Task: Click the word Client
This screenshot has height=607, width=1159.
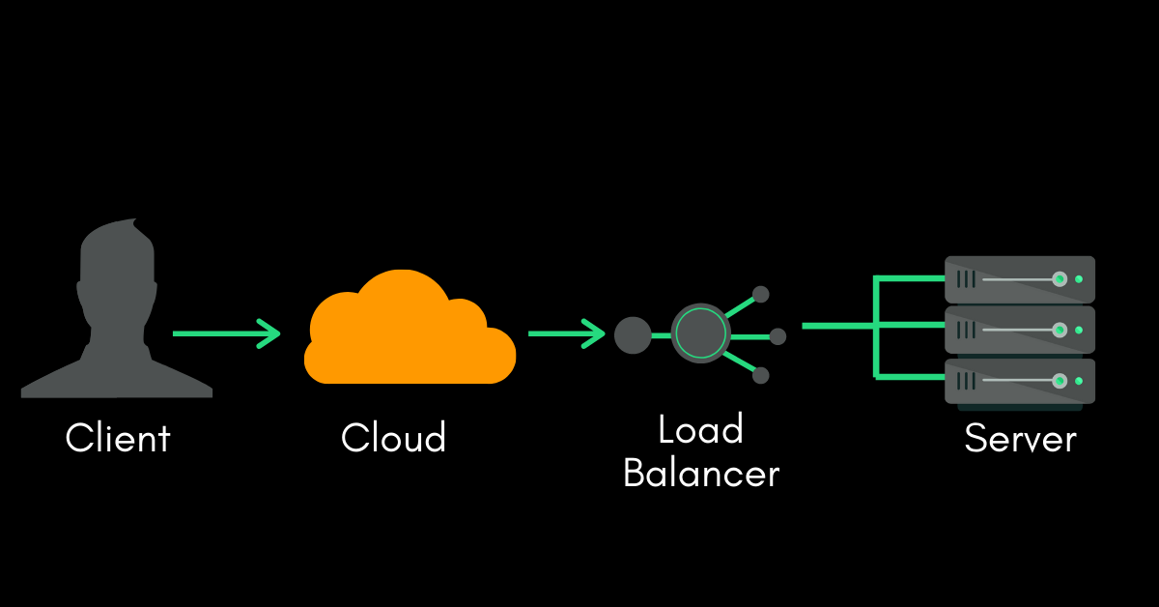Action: point(118,438)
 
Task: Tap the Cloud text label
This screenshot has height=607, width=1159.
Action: point(393,438)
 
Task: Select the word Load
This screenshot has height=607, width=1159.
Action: point(700,429)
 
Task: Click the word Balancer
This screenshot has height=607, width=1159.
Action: point(700,474)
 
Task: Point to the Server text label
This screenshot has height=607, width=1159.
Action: point(1020,439)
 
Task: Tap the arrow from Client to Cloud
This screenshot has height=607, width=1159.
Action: point(226,333)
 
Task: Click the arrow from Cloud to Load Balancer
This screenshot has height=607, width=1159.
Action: point(567,333)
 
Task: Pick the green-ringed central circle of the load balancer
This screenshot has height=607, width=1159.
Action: point(700,334)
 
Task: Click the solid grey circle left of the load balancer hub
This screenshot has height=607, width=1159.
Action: point(633,334)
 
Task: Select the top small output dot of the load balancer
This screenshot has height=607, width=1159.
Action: point(761,294)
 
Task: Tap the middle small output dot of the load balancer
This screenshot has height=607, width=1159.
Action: point(777,336)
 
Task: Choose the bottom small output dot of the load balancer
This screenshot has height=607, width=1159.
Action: point(761,375)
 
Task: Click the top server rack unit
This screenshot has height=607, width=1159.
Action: point(1019,279)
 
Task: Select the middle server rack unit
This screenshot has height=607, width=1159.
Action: point(1019,330)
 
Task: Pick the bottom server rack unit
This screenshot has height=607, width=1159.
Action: point(1019,381)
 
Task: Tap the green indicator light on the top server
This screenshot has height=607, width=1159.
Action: point(1079,279)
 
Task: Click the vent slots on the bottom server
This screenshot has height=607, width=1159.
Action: point(966,381)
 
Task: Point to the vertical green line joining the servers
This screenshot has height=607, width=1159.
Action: point(876,327)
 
